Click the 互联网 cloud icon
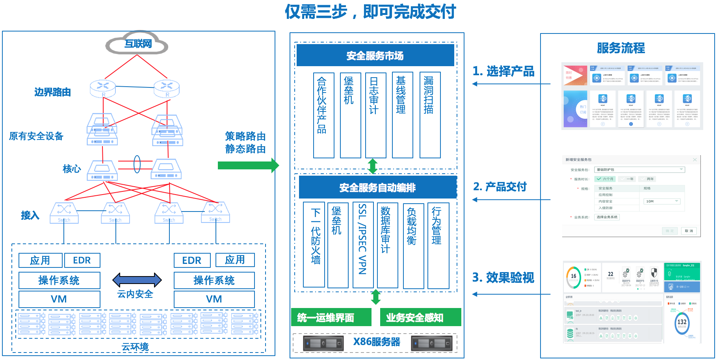(x=137, y=44)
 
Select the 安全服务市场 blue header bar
(x=375, y=56)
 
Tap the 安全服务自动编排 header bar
(x=377, y=187)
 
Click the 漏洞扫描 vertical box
(x=430, y=115)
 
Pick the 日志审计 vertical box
(x=375, y=115)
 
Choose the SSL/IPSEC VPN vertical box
(x=363, y=245)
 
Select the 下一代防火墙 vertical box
(x=314, y=245)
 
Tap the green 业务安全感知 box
(x=420, y=317)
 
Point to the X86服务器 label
(x=376, y=342)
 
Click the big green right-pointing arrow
(x=248, y=165)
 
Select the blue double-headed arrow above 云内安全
(x=137, y=280)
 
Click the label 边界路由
(x=52, y=92)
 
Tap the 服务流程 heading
(x=621, y=48)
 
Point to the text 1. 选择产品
(x=503, y=71)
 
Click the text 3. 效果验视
(x=503, y=278)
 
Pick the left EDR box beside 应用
(x=82, y=260)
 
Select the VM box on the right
(x=214, y=299)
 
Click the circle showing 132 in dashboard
(x=682, y=322)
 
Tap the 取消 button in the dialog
(x=689, y=231)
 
